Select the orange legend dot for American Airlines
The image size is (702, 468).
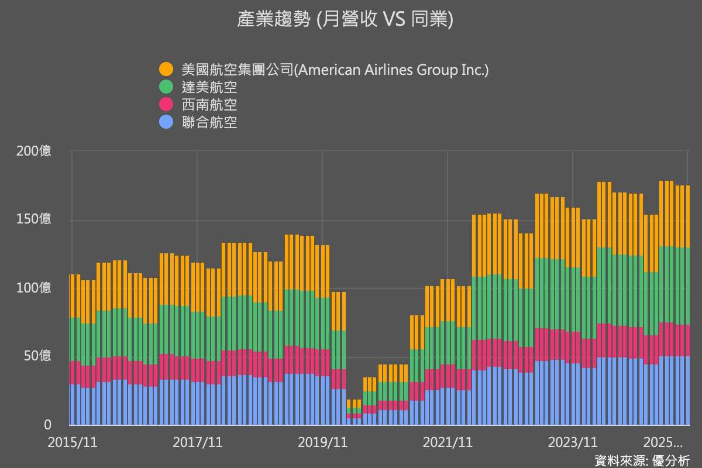point(166,70)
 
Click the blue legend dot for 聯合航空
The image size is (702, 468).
point(166,122)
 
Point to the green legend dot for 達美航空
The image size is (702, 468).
point(166,87)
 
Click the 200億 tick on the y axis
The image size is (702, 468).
point(34,151)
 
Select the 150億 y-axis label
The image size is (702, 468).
point(34,219)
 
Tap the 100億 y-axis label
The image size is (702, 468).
point(34,288)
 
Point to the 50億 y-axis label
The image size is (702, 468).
point(37,356)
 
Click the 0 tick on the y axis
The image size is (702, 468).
point(47,425)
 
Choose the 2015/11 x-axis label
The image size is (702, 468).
point(73,442)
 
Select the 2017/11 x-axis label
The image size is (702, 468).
point(197,442)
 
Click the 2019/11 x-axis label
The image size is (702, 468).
point(322,442)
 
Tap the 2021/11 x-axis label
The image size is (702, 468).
point(448,442)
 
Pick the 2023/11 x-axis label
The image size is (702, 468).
point(573,442)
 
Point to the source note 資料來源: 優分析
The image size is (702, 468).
point(642,460)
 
